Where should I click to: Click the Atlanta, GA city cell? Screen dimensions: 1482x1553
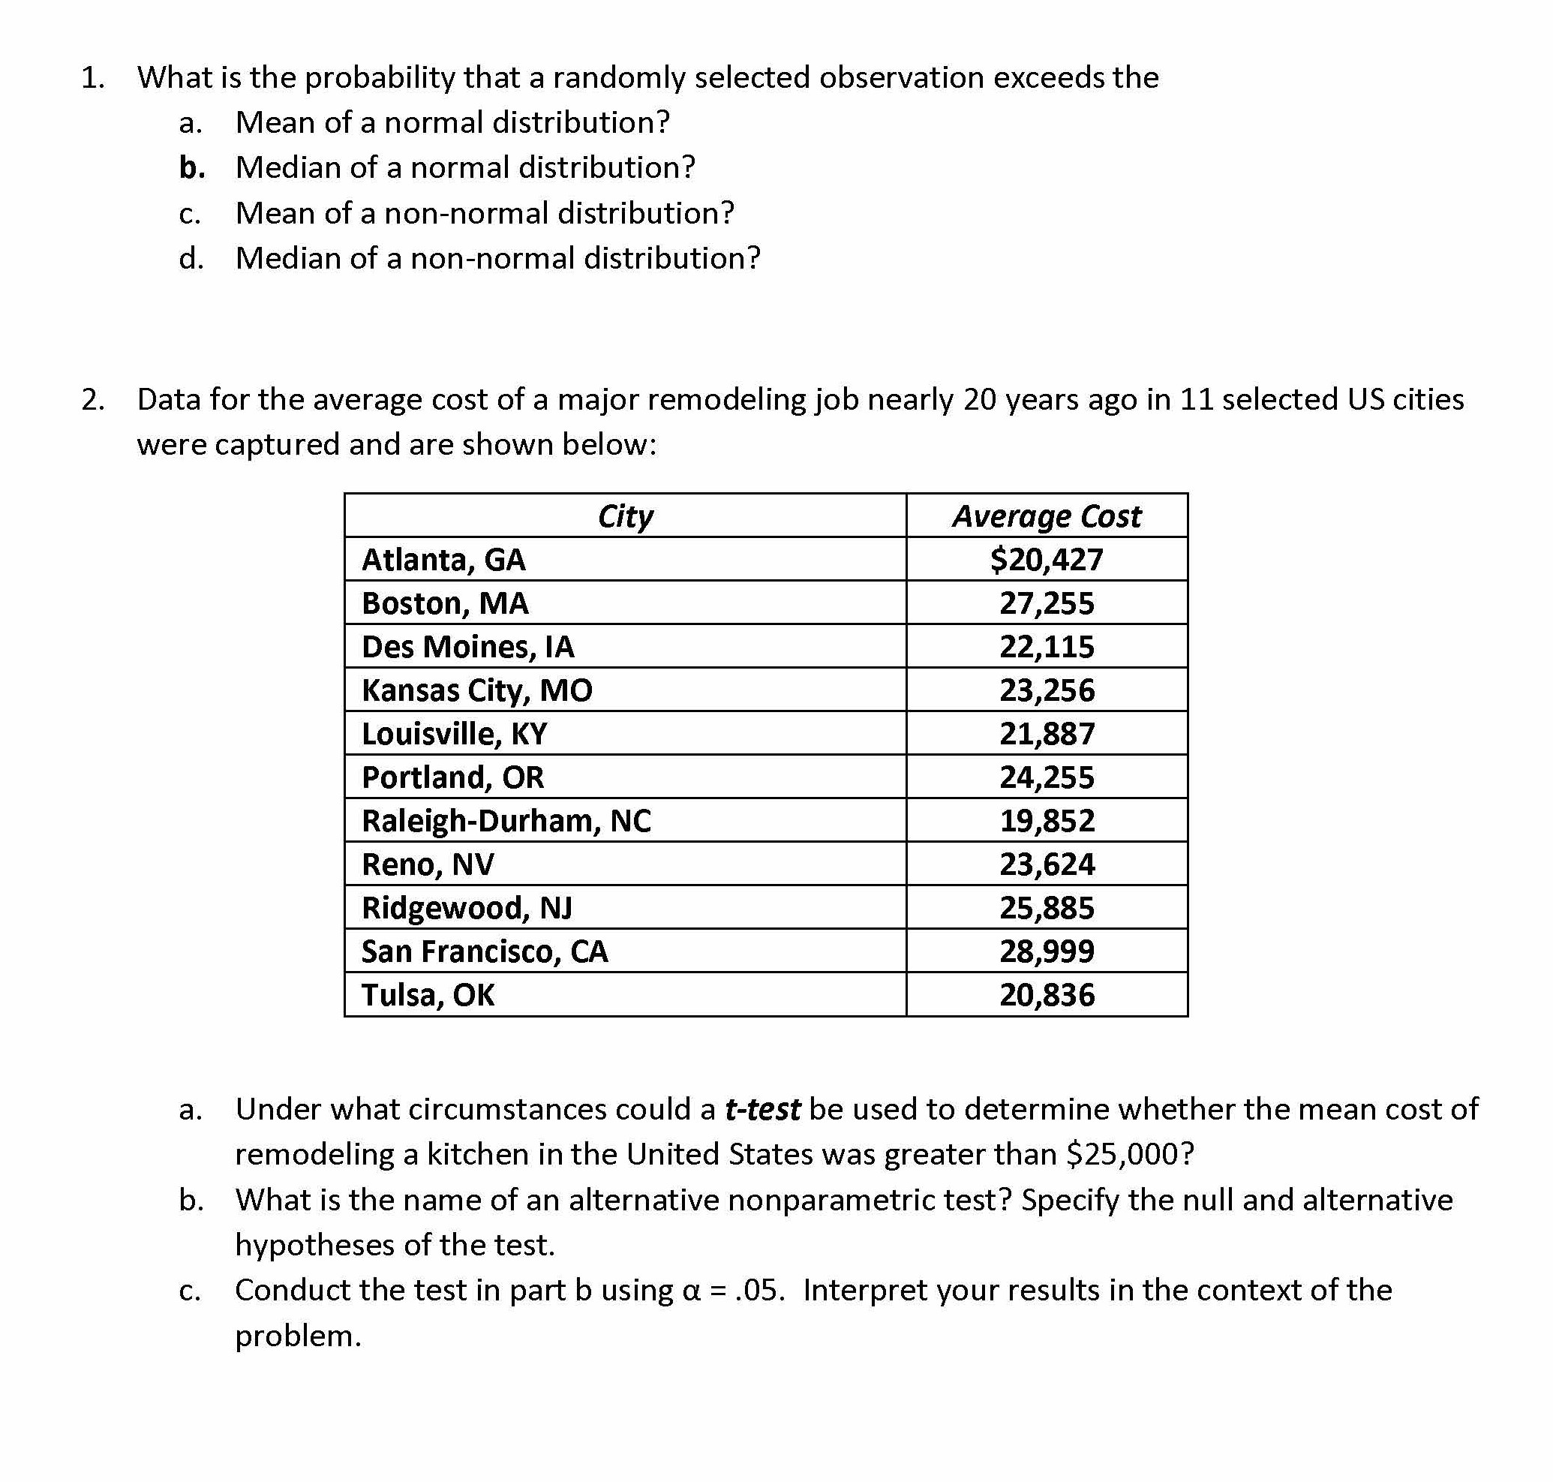click(x=443, y=559)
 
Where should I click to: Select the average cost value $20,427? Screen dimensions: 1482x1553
click(x=1046, y=559)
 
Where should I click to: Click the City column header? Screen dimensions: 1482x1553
click(x=625, y=516)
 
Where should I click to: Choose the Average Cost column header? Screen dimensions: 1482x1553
click(x=1046, y=516)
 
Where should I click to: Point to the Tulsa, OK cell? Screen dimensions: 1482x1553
click(x=428, y=994)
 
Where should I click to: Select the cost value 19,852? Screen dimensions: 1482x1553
click(x=1047, y=821)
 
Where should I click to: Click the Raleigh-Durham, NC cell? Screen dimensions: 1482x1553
click(x=506, y=821)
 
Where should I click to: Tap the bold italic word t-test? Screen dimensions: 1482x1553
click(x=762, y=1109)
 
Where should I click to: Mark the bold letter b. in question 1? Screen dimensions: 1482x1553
click(x=192, y=167)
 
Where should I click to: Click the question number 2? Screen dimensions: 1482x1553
click(x=92, y=400)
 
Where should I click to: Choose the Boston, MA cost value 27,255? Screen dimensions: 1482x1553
click(x=1047, y=603)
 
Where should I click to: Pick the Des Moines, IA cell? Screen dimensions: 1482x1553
click(x=467, y=647)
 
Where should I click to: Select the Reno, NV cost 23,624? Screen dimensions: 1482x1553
click(x=1047, y=864)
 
